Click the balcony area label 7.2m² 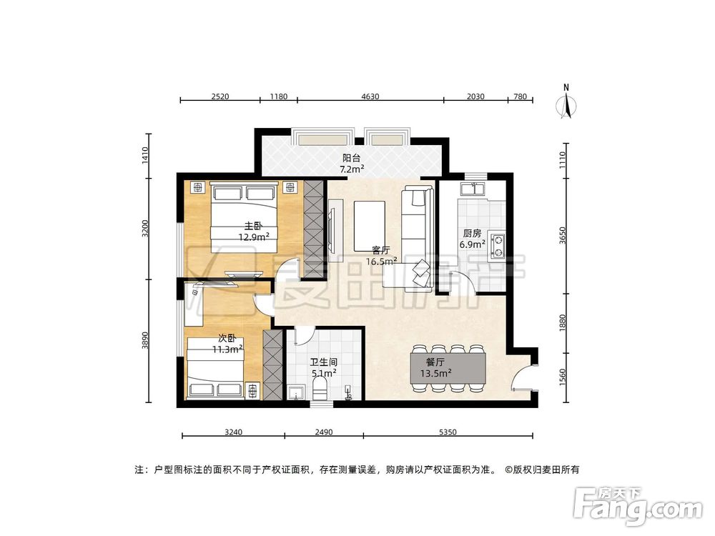(351, 169)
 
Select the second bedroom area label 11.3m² (227, 349)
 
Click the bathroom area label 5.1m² (324, 372)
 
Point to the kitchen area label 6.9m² (472, 244)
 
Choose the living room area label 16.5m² (381, 262)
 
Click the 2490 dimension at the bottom (323, 432)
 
